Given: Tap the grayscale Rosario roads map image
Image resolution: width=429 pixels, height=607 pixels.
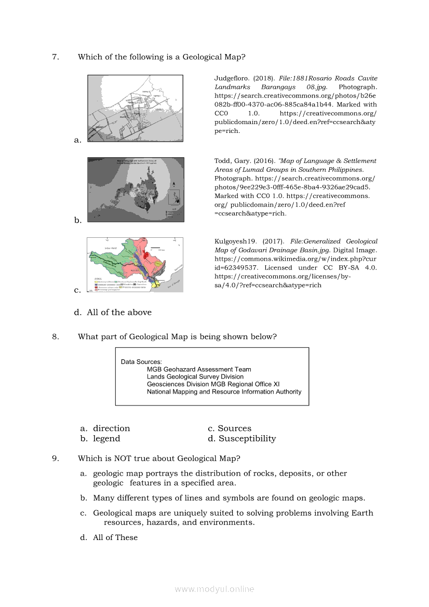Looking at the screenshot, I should pyautogui.click(x=135, y=108).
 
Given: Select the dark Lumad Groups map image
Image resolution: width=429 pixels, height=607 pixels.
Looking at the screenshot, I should pyautogui.click(x=135, y=190).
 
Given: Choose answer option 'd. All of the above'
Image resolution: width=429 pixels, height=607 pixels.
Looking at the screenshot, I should pyautogui.click(x=113, y=313).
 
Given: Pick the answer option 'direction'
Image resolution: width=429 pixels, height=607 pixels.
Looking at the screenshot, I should pyautogui.click(x=111, y=428).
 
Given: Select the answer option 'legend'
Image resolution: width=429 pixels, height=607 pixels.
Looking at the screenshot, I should pyautogui.click(x=106, y=439).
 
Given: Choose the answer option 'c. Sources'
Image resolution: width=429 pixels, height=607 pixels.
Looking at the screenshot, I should pyautogui.click(x=230, y=428).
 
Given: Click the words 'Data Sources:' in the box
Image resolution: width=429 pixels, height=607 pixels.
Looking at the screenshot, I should pyautogui.click(x=141, y=362).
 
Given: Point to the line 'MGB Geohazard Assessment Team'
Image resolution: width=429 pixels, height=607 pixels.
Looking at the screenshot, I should pyautogui.click(x=199, y=370).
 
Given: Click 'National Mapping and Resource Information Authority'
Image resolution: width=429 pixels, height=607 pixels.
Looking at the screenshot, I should pyautogui.click(x=224, y=392).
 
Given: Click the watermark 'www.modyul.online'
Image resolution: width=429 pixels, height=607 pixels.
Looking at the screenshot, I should pyautogui.click(x=214, y=589).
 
